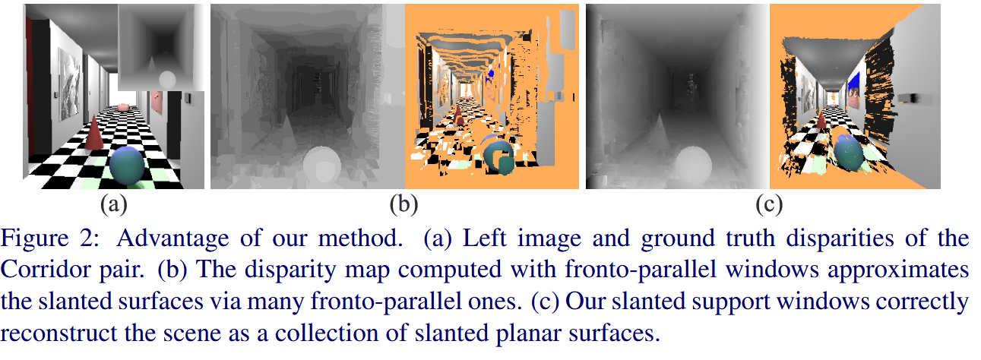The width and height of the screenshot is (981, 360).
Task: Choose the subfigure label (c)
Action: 768,204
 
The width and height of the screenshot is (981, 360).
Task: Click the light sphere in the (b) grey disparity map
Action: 319,163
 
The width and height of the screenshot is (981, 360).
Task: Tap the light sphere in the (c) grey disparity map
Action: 691,163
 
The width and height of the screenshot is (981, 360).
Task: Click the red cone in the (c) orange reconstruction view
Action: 821,122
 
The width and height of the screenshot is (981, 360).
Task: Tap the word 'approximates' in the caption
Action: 911,270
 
